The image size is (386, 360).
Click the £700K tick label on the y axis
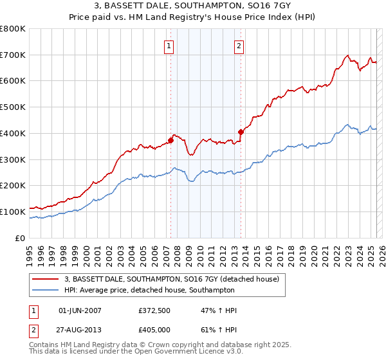click(x=13, y=55)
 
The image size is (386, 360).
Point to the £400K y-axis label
click(x=13, y=134)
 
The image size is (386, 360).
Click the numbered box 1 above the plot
click(x=169, y=46)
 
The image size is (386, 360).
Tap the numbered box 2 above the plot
click(x=239, y=46)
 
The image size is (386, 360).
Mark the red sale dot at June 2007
click(x=171, y=140)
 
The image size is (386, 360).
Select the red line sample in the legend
click(x=46, y=279)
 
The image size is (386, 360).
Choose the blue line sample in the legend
click(x=46, y=290)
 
